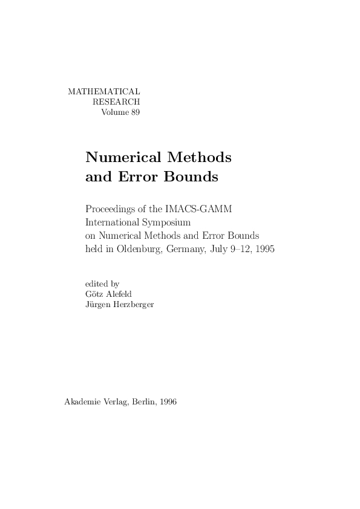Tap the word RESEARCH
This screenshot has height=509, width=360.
click(116, 102)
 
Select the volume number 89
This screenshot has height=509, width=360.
click(135, 112)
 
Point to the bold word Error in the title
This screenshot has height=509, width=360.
click(137, 178)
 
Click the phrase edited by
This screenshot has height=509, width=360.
click(103, 282)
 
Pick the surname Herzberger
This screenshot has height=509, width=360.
click(132, 304)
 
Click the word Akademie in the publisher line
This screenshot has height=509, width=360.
click(83, 402)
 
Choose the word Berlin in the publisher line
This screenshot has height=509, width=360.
click(143, 402)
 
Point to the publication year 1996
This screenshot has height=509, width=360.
click(169, 402)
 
